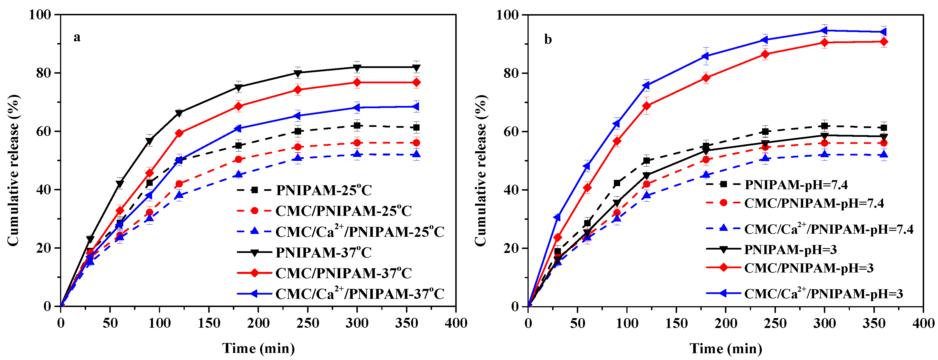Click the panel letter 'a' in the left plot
click(77, 37)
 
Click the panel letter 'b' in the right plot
click(548, 39)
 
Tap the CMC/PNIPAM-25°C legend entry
click(343, 211)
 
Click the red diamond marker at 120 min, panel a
click(179, 133)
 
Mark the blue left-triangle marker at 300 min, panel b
click(824, 31)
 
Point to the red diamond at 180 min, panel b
click(706, 78)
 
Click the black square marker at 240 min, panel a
click(298, 131)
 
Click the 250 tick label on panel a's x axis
click(307, 323)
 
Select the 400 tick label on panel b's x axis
click(923, 323)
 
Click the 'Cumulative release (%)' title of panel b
click(481, 170)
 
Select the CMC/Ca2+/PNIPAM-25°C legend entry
click(360, 231)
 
